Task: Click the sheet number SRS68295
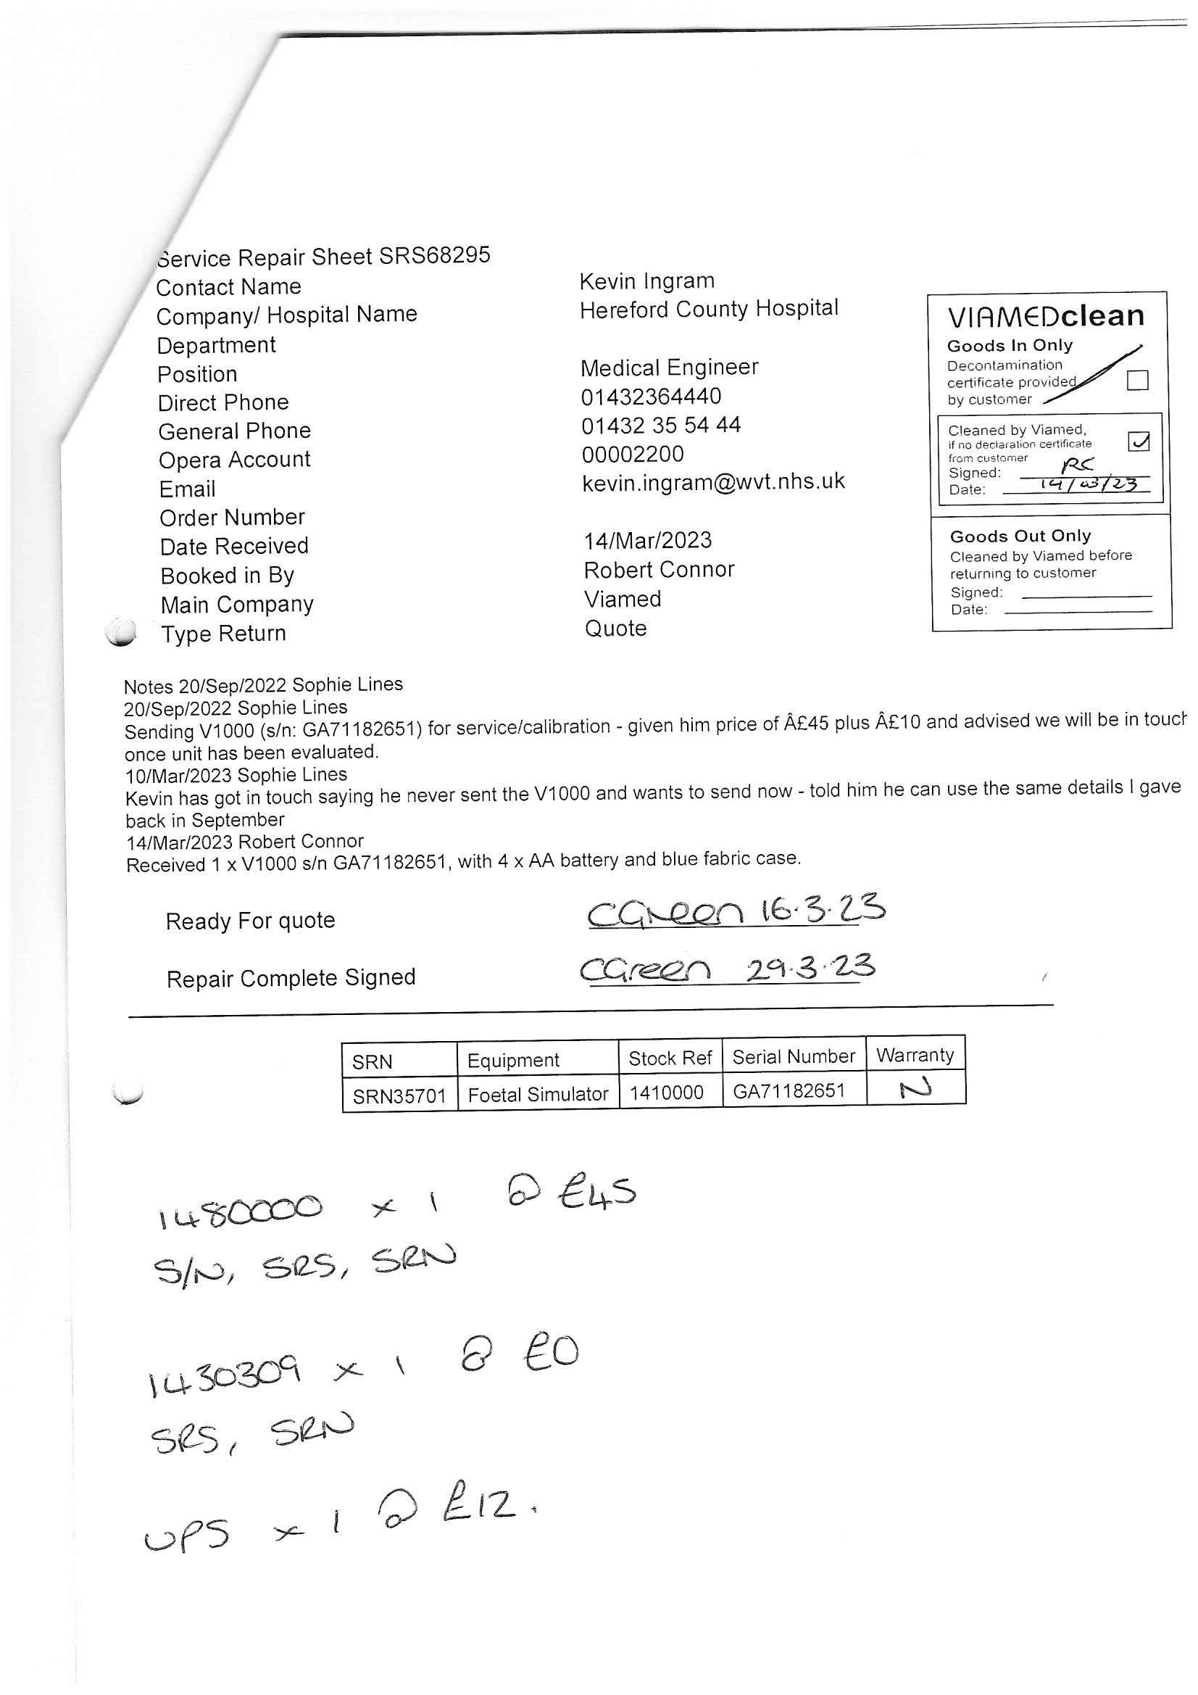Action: point(434,255)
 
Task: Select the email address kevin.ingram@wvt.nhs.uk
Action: point(713,482)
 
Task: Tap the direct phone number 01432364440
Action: point(650,397)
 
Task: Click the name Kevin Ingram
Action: point(646,281)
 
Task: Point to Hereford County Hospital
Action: point(709,309)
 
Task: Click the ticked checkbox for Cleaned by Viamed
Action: point(1139,442)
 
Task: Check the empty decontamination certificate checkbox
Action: point(1137,380)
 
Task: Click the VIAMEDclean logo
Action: point(1045,317)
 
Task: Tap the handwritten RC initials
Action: point(1077,465)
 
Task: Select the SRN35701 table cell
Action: point(399,1095)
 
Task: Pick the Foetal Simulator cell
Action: point(537,1094)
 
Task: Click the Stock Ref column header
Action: point(670,1058)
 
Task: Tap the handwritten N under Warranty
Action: point(915,1088)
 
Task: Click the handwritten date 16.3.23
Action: point(823,909)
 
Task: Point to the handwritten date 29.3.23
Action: point(810,969)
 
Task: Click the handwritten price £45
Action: point(597,1194)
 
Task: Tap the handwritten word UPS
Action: point(186,1536)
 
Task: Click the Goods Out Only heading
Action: point(1020,536)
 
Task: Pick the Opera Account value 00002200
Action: point(633,454)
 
